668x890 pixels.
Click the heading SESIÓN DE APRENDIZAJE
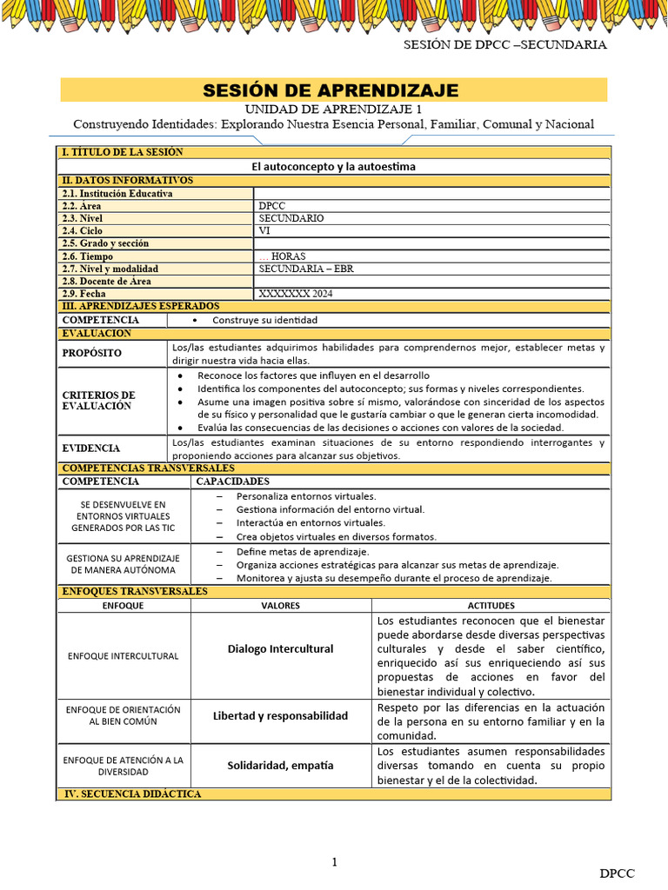point(331,90)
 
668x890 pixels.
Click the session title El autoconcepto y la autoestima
point(334,166)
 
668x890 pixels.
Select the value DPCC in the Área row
point(272,206)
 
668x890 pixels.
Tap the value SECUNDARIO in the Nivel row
point(291,218)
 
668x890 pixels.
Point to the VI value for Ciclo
point(264,231)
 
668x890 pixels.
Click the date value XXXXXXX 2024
point(296,294)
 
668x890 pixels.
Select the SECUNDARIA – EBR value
point(306,269)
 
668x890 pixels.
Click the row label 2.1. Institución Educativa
point(117,194)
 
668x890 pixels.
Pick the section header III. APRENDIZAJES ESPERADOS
point(140,306)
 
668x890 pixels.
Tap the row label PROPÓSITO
point(92,354)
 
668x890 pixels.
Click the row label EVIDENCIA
point(91,448)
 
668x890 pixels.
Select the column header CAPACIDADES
point(232,481)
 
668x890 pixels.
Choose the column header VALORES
point(280,605)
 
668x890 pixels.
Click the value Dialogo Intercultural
point(280,649)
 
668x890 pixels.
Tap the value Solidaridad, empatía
point(280,766)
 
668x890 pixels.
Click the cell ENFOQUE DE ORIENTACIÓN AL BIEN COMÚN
point(123,715)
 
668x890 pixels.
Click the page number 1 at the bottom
point(334,861)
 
